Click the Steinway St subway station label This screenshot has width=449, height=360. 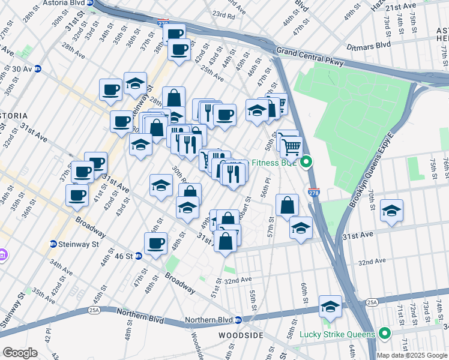tap(74, 244)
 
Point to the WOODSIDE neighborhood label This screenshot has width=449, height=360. tap(238, 335)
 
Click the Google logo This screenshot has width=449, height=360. tap(20, 353)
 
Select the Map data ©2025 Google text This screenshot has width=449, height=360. tap(412, 355)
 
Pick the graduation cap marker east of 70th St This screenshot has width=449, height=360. tap(391, 211)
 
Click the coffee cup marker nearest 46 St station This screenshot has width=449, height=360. tap(155, 244)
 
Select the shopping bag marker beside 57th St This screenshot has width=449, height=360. tap(288, 205)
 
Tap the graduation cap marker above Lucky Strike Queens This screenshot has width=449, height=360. tap(330, 307)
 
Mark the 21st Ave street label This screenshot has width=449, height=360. tap(400, 6)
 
